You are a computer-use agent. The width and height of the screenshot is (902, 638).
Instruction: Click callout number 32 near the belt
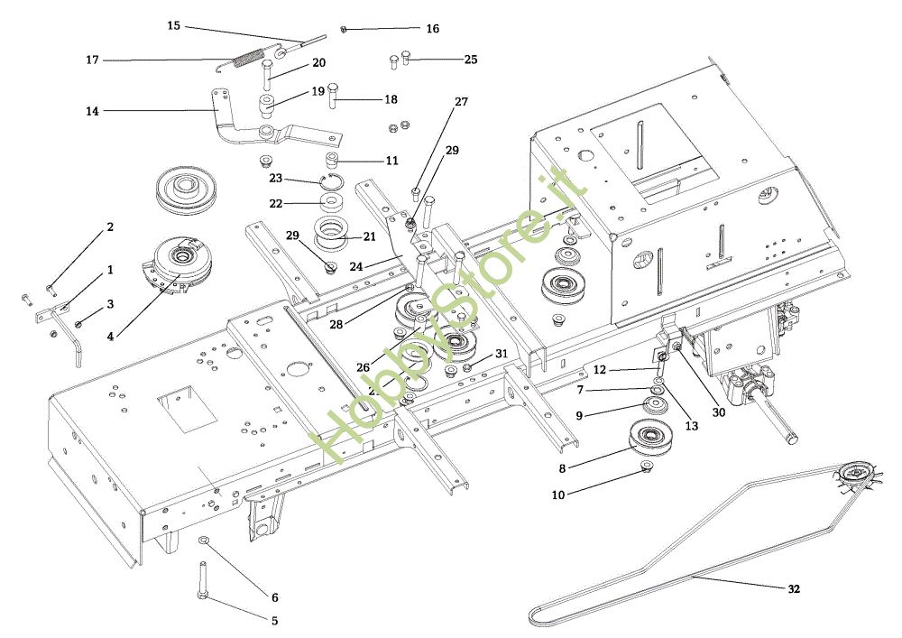[x=794, y=589]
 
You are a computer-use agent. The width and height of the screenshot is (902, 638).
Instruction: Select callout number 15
[x=174, y=25]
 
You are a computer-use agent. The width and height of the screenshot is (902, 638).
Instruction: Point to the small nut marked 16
[x=345, y=29]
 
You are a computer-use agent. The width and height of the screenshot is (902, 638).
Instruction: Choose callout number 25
[x=471, y=60]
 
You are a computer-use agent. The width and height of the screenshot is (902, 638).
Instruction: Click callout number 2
[x=110, y=227]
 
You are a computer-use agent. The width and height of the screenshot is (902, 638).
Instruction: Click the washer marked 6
[x=205, y=540]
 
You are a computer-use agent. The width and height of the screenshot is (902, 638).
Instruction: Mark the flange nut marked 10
[x=647, y=466]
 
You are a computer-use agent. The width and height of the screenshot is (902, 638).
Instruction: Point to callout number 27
[x=461, y=102]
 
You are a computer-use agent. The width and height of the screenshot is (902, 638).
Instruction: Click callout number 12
[x=600, y=368]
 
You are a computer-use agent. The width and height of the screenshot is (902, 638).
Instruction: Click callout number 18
[x=390, y=99]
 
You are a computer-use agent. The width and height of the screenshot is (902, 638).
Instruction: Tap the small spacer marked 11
[x=333, y=161]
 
